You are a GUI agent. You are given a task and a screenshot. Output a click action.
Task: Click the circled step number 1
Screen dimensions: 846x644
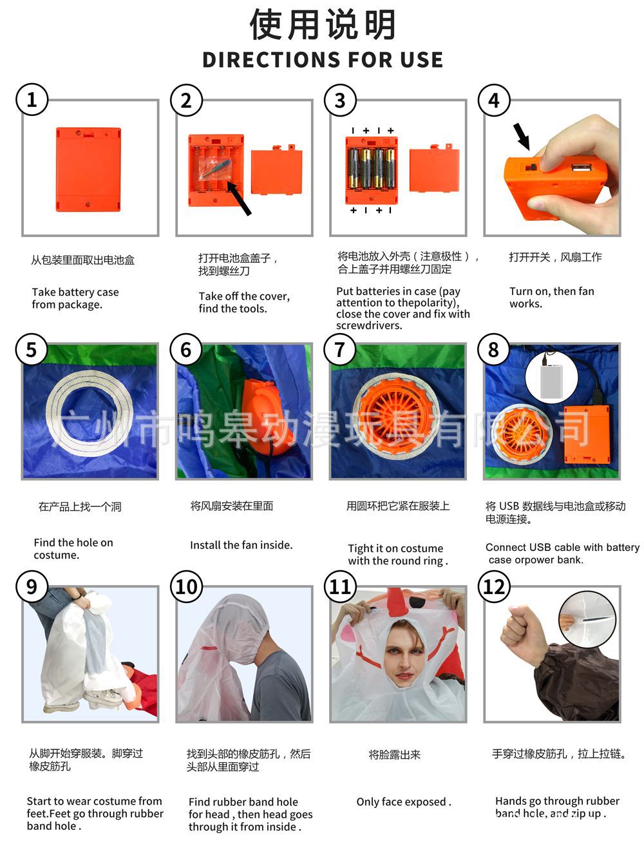pos(32,100)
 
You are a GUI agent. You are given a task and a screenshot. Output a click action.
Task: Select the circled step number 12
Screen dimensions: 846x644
pos(493,586)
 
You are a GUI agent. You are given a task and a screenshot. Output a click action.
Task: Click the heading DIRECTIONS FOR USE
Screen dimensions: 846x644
pos(323,59)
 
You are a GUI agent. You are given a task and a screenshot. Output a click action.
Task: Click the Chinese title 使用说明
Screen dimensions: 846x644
pos(323,24)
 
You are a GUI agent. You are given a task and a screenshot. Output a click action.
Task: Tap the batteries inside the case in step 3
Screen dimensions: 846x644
pos(370,168)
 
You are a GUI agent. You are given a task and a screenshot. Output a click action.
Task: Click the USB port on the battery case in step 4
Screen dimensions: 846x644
pos(578,169)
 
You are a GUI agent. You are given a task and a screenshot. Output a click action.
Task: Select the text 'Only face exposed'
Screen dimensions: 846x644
pos(403,802)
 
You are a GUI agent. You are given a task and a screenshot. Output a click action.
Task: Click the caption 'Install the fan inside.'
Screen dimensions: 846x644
pos(241,545)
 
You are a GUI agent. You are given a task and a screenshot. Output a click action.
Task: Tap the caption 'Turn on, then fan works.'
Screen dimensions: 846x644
pos(551,297)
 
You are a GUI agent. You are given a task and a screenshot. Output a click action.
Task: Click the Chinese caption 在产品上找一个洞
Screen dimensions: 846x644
pos(80,506)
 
